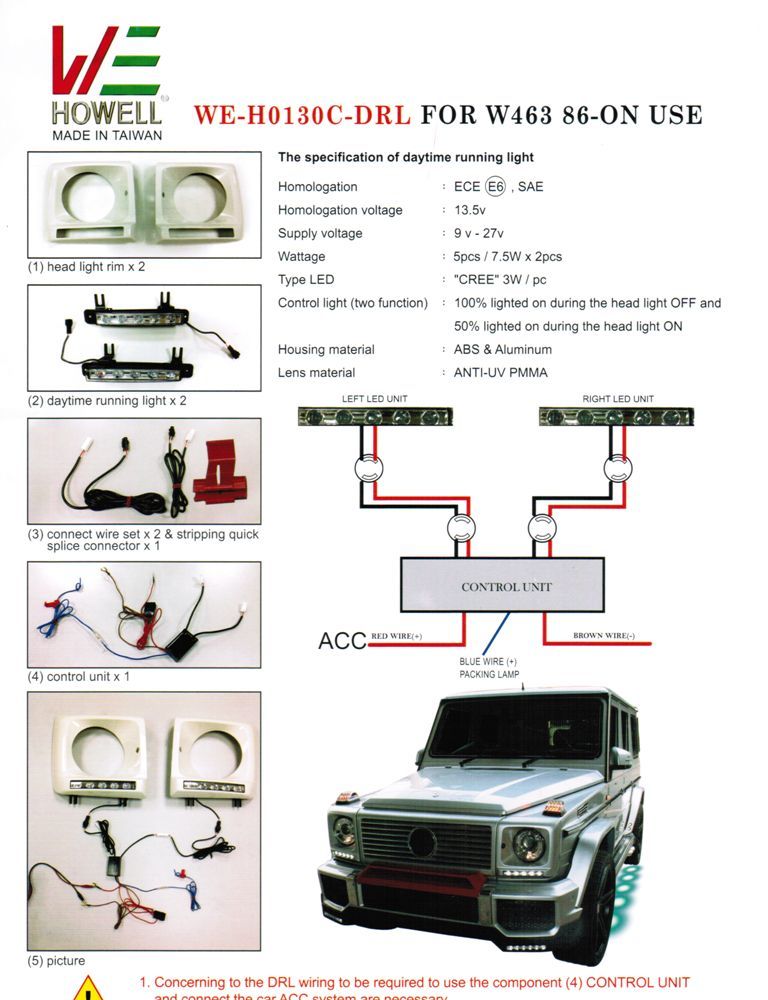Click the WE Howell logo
(107, 83)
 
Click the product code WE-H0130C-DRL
(301, 115)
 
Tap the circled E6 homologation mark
(495, 187)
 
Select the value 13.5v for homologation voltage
(469, 210)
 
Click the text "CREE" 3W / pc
(496, 280)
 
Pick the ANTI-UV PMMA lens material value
(500, 373)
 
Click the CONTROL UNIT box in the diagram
(503, 586)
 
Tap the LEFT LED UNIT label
(374, 399)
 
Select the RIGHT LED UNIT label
(617, 399)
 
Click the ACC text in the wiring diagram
(342, 640)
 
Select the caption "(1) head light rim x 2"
(86, 267)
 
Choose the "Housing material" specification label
(326, 350)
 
